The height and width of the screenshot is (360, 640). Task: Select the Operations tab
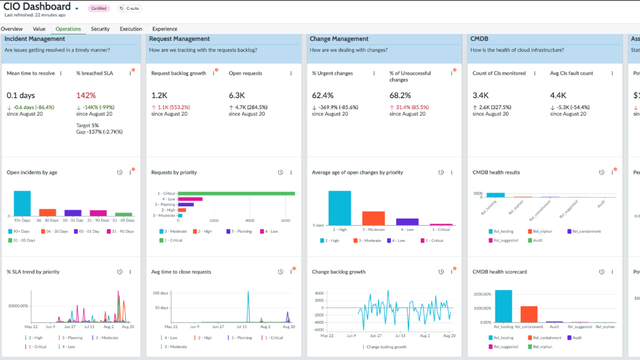click(x=68, y=29)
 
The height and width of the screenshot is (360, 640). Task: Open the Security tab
click(x=100, y=29)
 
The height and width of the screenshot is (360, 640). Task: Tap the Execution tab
click(x=131, y=29)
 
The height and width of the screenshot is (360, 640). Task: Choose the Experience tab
click(x=165, y=29)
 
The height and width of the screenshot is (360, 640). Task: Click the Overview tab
click(x=12, y=29)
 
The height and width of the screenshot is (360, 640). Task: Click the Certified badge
click(x=99, y=8)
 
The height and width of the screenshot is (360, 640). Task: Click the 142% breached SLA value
click(x=86, y=96)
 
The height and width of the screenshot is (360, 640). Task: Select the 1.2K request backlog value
click(x=159, y=96)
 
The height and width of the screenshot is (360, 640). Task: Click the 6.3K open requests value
click(x=237, y=96)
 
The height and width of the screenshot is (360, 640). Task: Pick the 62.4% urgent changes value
click(x=323, y=96)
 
